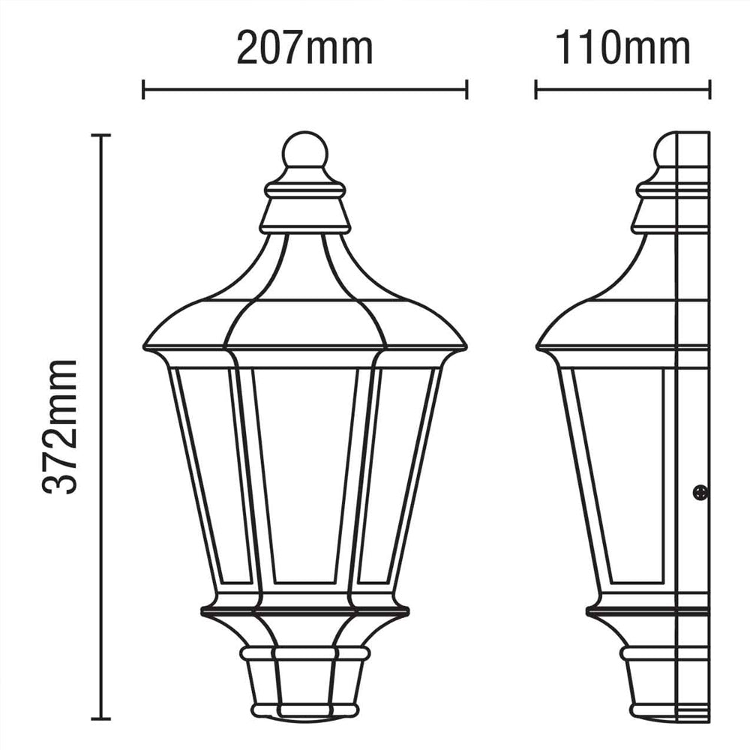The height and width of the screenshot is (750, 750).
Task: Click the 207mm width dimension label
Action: (304, 49)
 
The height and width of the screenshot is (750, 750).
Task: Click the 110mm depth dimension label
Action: (622, 49)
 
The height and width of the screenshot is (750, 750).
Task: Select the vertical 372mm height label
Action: (61, 425)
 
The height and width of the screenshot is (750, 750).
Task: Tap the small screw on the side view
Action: (700, 493)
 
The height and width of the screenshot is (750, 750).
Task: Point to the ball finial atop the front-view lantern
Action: (304, 152)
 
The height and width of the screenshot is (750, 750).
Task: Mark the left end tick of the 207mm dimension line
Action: (143, 90)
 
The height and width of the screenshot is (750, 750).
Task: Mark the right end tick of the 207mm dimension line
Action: (466, 90)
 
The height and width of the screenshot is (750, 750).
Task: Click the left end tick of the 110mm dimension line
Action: (535, 90)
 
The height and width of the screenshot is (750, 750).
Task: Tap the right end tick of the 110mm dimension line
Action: (709, 90)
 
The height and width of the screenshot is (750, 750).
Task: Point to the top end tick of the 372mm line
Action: (100, 135)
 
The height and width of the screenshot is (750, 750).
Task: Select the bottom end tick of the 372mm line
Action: (100, 717)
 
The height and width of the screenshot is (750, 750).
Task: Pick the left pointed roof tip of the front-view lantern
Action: (145, 346)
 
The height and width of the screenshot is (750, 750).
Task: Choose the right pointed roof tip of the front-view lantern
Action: (464, 346)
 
